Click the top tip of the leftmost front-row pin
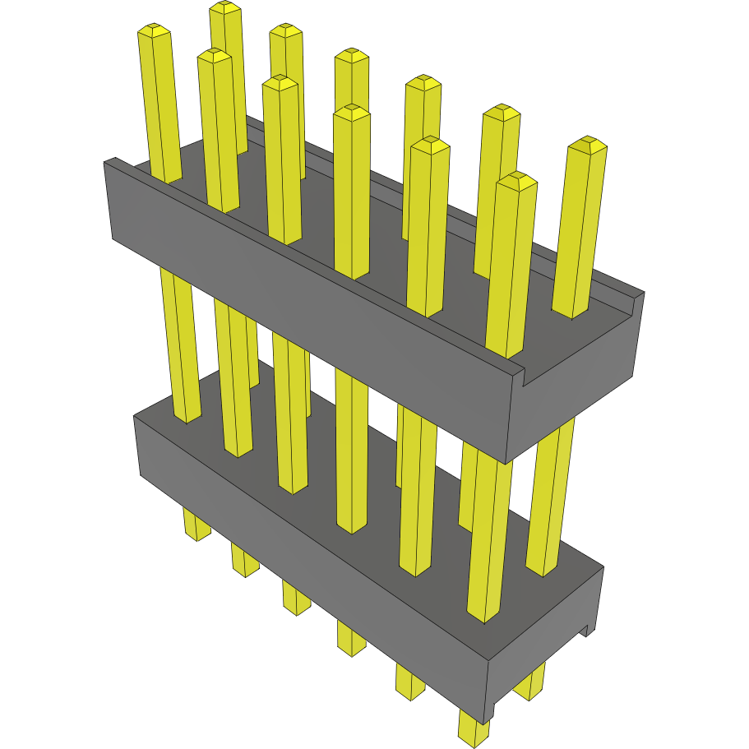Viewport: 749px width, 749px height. point(154,30)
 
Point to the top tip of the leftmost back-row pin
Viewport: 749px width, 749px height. point(225,8)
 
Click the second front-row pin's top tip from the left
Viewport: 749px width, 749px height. point(214,56)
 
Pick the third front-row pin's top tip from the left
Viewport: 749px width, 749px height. point(280,83)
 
